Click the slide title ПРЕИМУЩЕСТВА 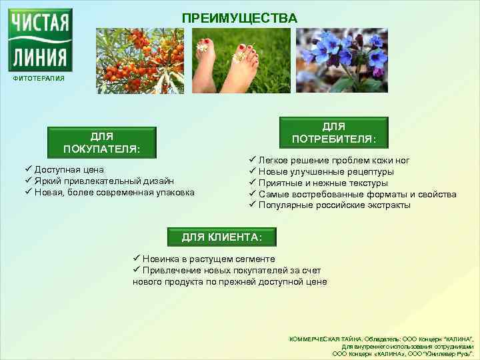(240, 18)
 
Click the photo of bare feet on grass (241, 61)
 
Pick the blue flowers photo (341, 61)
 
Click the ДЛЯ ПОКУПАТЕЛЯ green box (101, 142)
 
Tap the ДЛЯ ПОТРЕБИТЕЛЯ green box (333, 133)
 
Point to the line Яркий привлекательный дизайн (104, 181)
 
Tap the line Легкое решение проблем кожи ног (334, 161)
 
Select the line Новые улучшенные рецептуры (326, 172)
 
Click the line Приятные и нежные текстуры (323, 183)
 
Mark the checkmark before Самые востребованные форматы (253, 193)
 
